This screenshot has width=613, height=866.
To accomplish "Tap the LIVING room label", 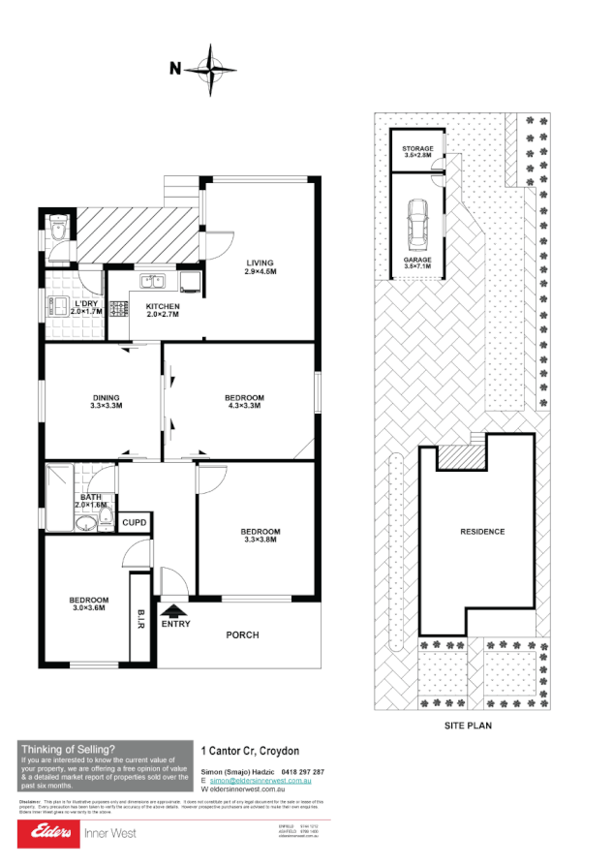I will click(260, 263).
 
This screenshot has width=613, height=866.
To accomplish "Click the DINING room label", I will click(107, 397).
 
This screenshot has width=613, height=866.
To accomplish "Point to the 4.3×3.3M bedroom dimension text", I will click(244, 408).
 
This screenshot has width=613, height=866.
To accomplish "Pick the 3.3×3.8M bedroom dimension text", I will click(260, 541).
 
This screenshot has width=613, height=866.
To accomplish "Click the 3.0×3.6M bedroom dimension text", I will click(89, 609).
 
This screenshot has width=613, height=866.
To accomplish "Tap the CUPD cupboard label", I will click(134, 523).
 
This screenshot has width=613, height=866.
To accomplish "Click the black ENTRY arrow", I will click(174, 610).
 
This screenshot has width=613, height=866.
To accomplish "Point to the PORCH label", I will click(242, 635).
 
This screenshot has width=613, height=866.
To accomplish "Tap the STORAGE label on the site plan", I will click(417, 148).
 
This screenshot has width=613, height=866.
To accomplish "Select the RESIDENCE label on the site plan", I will click(482, 532).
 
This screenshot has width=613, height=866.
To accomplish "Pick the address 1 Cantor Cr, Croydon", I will click(250, 751).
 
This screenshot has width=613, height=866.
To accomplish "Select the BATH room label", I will click(91, 497).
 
